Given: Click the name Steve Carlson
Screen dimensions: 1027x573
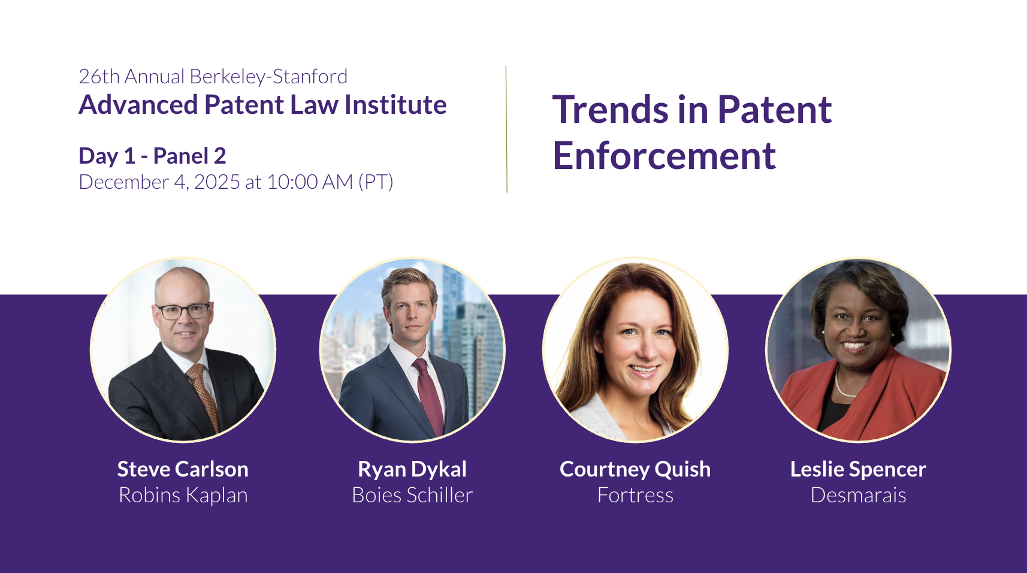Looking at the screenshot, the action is pyautogui.click(x=183, y=469).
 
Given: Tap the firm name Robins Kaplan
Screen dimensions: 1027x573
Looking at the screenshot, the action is pyautogui.click(x=183, y=495).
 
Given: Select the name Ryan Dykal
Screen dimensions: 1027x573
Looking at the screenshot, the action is pyautogui.click(x=412, y=469).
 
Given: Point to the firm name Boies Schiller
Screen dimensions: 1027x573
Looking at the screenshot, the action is pyautogui.click(x=412, y=495).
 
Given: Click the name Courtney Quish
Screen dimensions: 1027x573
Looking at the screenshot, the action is pyautogui.click(x=635, y=469).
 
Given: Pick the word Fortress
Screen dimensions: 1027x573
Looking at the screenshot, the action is pyautogui.click(x=635, y=496).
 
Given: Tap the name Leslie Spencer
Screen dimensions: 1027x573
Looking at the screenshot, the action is pyautogui.click(x=858, y=469).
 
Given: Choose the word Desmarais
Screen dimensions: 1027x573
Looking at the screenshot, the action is pyautogui.click(x=858, y=496).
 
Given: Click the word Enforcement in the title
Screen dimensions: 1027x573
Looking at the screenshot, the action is pyautogui.click(x=664, y=156).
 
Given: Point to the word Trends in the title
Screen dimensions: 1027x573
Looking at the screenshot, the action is pyautogui.click(x=610, y=110).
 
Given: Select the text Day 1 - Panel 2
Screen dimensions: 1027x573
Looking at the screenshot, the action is pyautogui.click(x=152, y=156).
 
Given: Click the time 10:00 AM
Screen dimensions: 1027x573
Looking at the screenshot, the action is pyautogui.click(x=310, y=182).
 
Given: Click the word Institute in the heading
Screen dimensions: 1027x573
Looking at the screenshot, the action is pyautogui.click(x=395, y=105).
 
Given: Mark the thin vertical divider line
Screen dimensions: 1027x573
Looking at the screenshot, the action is pyautogui.click(x=507, y=129).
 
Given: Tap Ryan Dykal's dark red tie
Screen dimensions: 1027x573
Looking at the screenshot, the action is pyautogui.click(x=429, y=394).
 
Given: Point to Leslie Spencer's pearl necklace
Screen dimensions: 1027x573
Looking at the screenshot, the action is pyautogui.click(x=842, y=382).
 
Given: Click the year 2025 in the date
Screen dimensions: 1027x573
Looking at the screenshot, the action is pyautogui.click(x=217, y=182).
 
